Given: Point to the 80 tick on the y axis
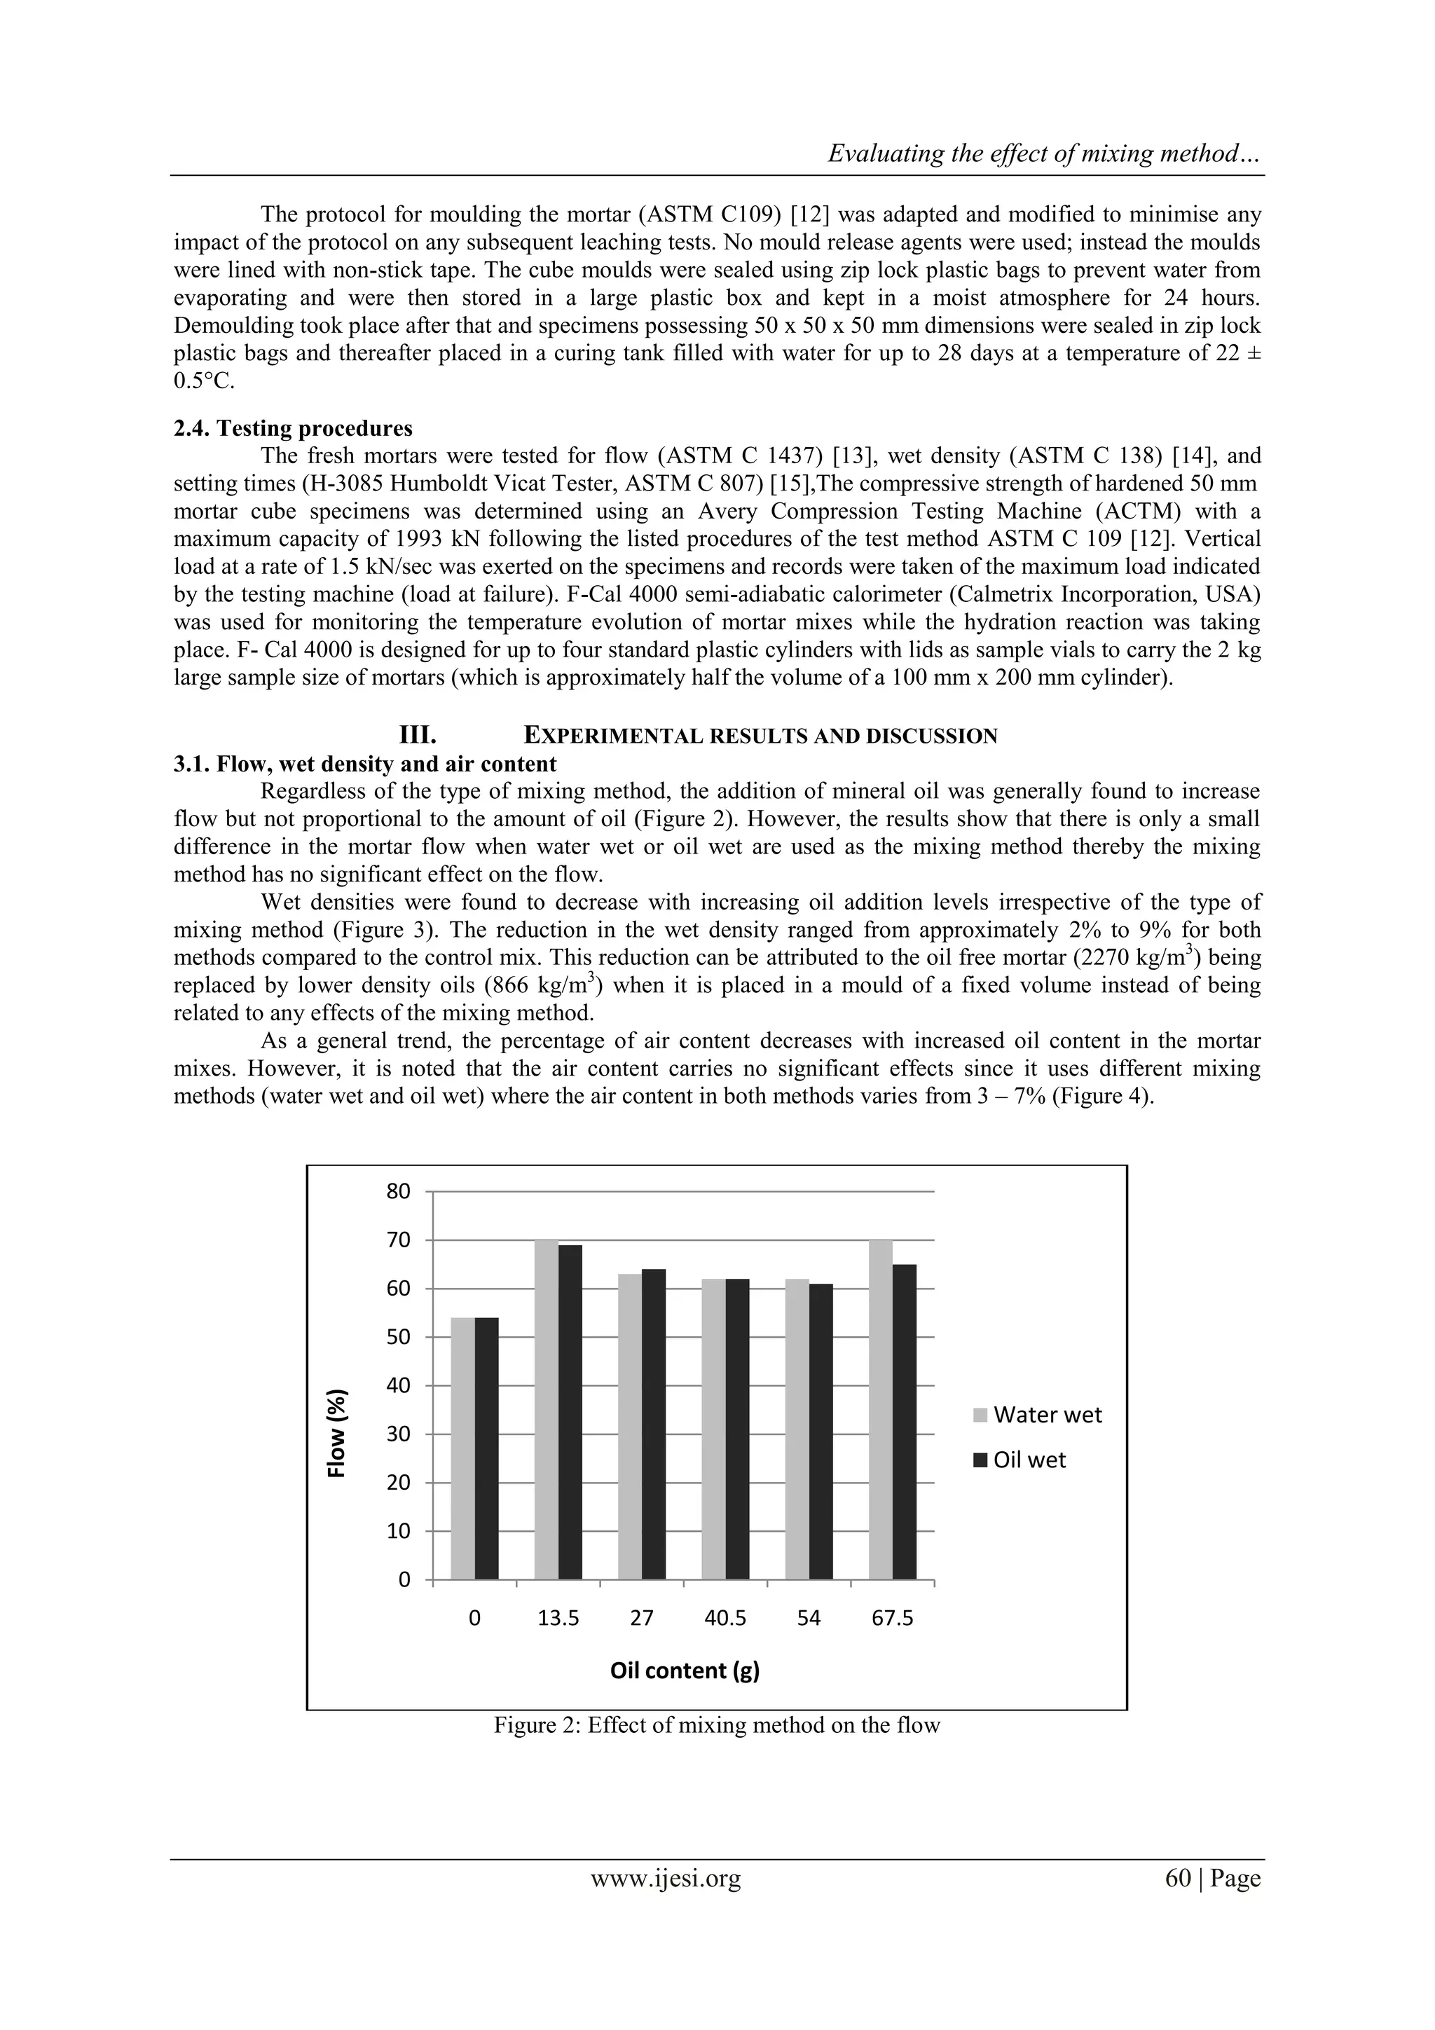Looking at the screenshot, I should click(399, 1192).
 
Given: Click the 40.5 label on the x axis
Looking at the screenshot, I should click(725, 1618).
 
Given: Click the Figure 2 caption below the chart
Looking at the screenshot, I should click(716, 1725).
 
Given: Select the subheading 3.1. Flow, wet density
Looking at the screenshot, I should click(364, 764).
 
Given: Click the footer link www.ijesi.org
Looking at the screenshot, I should click(665, 1878).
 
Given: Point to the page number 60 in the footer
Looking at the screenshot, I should click(1179, 1878).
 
